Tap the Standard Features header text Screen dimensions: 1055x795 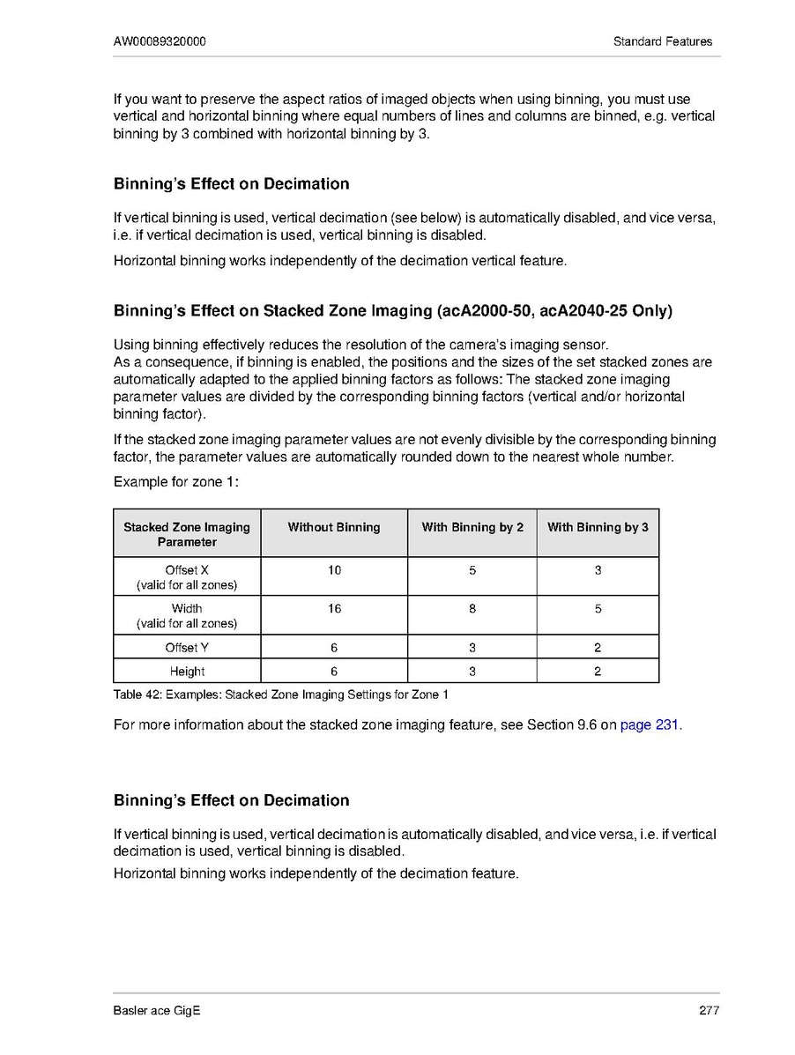point(663,41)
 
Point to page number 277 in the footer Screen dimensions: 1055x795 point(710,1010)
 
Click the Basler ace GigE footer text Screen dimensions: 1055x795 point(157,1010)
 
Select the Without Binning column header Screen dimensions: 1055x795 point(334,527)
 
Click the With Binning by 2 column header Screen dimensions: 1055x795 point(472,527)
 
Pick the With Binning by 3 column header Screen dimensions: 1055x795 point(598,527)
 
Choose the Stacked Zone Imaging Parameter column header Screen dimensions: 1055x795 point(187,534)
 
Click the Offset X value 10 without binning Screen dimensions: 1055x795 point(334,570)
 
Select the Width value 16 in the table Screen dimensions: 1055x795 point(334,608)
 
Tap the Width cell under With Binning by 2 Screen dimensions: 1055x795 point(472,608)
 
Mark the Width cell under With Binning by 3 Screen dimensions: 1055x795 point(598,608)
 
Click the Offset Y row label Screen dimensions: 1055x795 point(187,647)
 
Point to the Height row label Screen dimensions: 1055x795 point(187,672)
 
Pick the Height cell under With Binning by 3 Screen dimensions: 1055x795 point(598,672)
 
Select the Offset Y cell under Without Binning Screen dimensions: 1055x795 point(334,647)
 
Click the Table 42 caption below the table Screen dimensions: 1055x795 point(281,695)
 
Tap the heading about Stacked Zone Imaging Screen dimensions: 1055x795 point(393,311)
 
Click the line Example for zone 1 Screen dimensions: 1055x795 point(177,482)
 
